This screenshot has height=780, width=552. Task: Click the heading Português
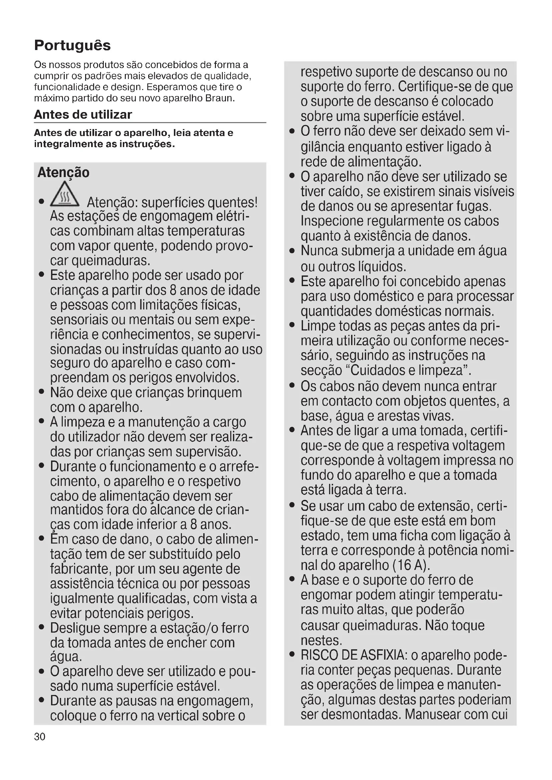pyautogui.click(x=72, y=45)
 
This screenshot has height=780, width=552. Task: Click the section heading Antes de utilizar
pyautogui.click(x=83, y=114)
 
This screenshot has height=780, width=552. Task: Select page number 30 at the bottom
pyautogui.click(x=40, y=737)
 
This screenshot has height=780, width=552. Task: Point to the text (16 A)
pyautogui.click(x=411, y=565)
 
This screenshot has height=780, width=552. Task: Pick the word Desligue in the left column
pyautogui.click(x=75, y=628)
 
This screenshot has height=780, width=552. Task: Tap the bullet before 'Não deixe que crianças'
pyautogui.click(x=41, y=392)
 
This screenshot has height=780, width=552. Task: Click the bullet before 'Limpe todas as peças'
pyautogui.click(x=292, y=325)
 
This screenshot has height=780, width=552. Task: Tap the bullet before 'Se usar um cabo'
pyautogui.click(x=292, y=505)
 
